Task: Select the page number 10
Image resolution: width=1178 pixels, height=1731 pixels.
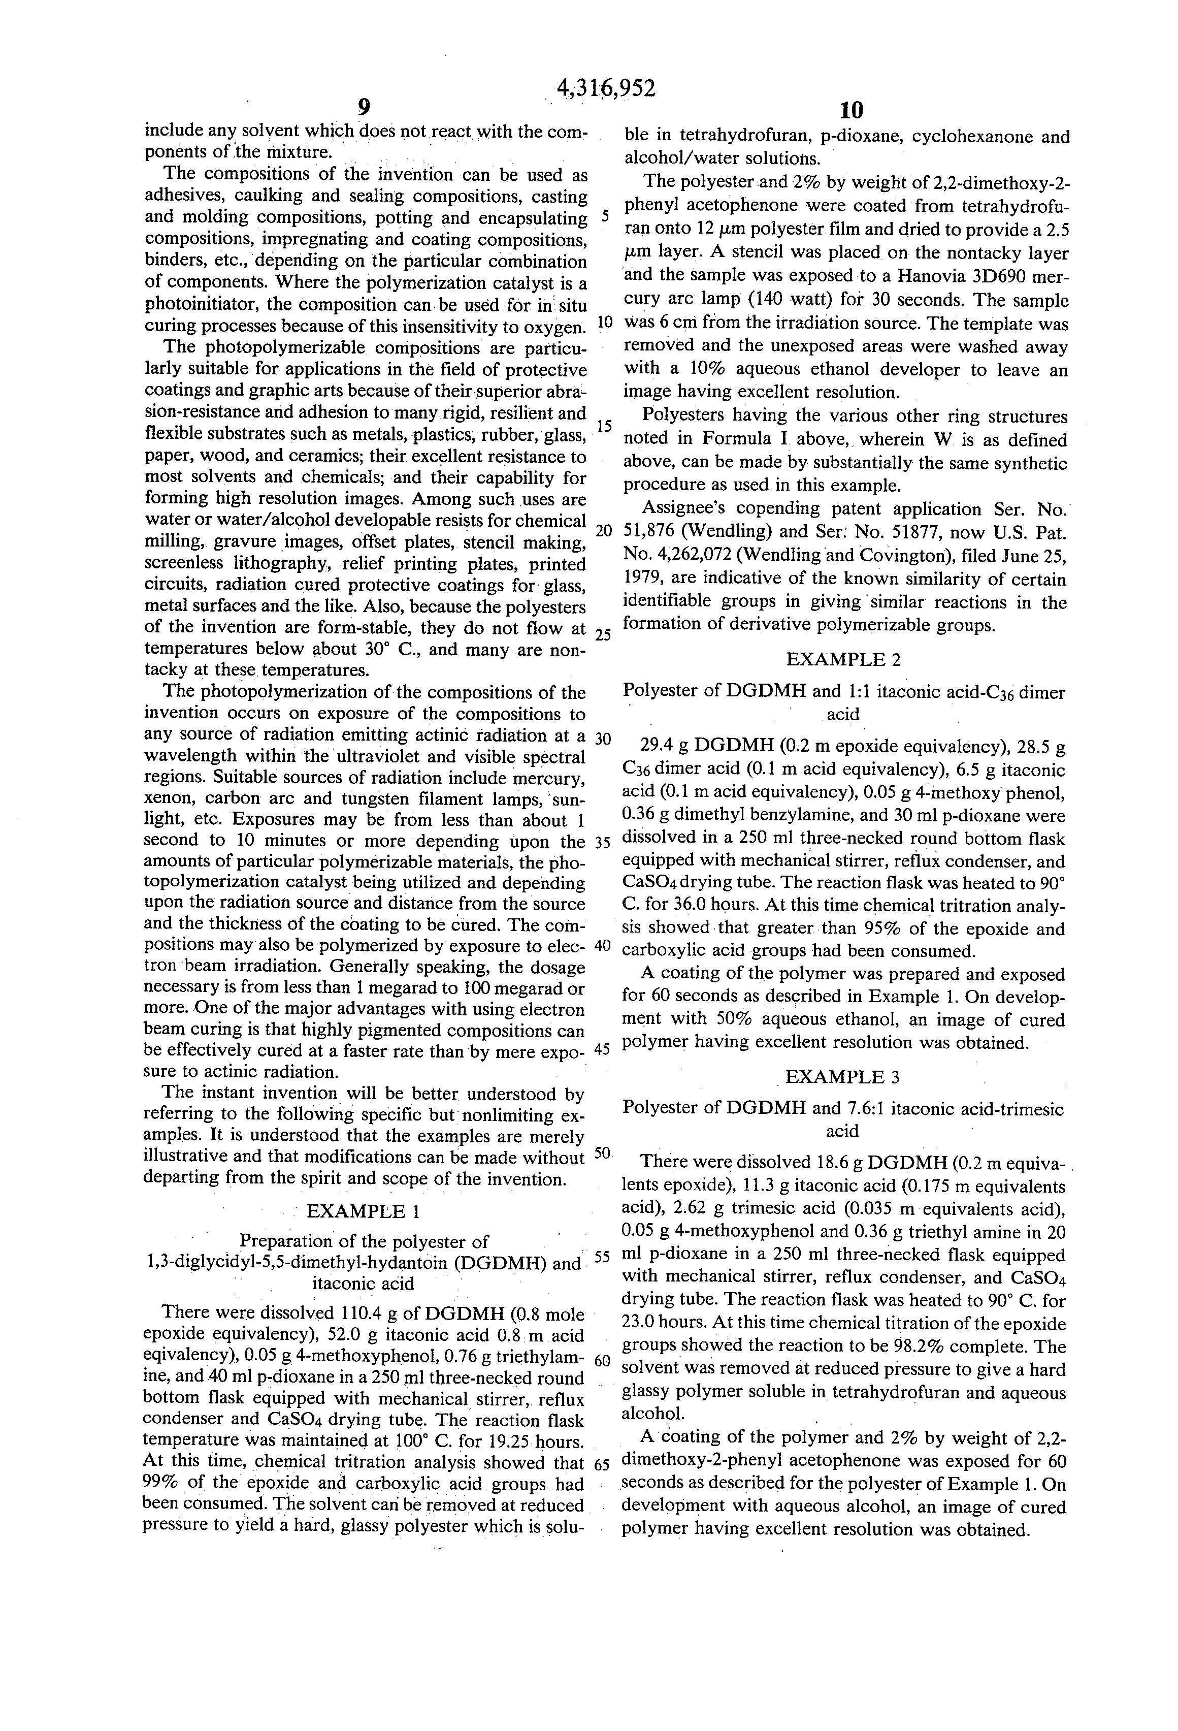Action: [x=851, y=111]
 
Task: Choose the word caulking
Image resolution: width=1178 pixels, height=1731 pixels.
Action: [x=267, y=196]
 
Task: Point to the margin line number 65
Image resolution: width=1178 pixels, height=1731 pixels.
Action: [x=602, y=1464]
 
